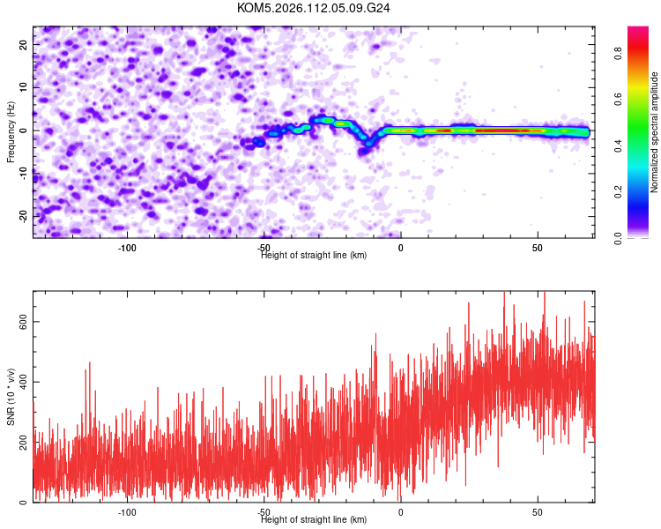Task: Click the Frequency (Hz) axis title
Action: tap(11, 130)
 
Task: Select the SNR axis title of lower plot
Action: tap(11, 396)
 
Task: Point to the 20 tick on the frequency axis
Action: tap(25, 45)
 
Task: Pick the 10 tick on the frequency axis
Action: tap(25, 88)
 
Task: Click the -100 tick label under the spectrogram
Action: tap(128, 246)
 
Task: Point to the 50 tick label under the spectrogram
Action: tap(538, 246)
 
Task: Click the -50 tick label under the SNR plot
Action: tap(264, 511)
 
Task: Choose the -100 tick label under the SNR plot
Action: tap(128, 511)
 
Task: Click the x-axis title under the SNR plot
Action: tap(314, 520)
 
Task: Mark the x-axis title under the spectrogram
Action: tap(314, 255)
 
